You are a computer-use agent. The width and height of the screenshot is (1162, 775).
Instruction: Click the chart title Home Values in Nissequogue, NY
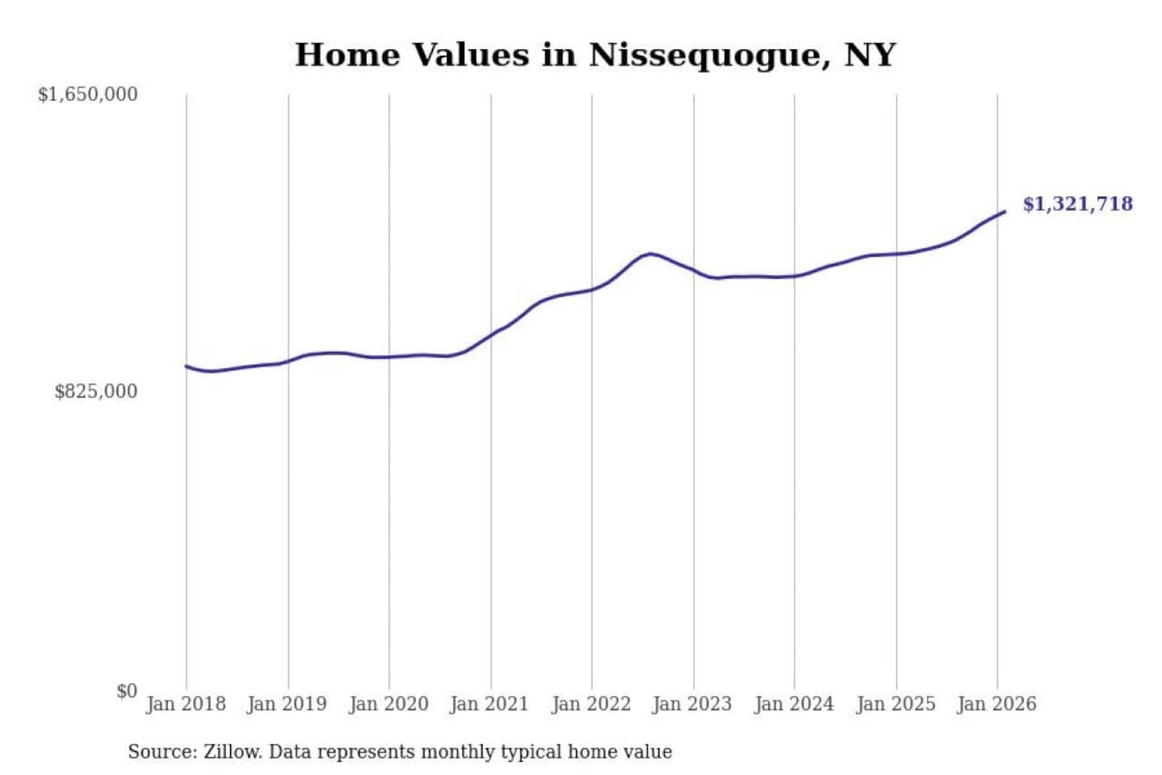coord(595,55)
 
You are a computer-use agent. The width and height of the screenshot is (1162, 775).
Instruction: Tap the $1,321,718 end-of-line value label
coord(1077,203)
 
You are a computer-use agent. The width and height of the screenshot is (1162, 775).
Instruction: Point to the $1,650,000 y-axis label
coord(88,94)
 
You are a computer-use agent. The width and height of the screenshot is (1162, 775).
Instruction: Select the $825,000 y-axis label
coord(96,392)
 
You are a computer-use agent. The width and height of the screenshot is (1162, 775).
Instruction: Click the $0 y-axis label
coord(127,691)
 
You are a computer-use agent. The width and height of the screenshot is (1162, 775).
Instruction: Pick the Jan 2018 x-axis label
coord(186,704)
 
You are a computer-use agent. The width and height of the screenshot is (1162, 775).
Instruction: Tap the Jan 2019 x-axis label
coord(286,704)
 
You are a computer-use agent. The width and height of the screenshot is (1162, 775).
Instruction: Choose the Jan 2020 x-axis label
coord(388,704)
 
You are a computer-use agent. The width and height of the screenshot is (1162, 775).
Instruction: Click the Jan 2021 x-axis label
coord(489,704)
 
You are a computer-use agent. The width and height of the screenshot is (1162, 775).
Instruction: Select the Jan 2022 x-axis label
coord(591,704)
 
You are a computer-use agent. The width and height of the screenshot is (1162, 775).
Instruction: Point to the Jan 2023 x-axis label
coord(692,704)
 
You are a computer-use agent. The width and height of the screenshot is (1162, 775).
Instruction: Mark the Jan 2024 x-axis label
coord(793,704)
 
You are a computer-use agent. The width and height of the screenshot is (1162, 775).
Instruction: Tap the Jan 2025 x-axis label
coord(895,704)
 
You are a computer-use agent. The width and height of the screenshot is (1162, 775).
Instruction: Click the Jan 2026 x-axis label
coord(996,704)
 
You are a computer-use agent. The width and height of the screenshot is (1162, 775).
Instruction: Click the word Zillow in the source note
coord(232,752)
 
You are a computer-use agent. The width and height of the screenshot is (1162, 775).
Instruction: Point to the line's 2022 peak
coord(650,253)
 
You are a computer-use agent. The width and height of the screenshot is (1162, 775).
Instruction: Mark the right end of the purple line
coord(1005,212)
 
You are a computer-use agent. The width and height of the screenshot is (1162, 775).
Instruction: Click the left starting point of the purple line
coord(186,367)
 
